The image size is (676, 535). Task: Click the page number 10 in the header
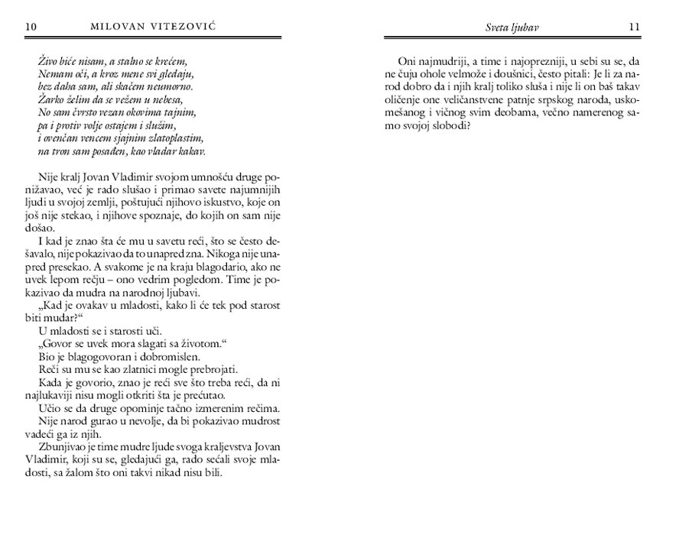(31, 28)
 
